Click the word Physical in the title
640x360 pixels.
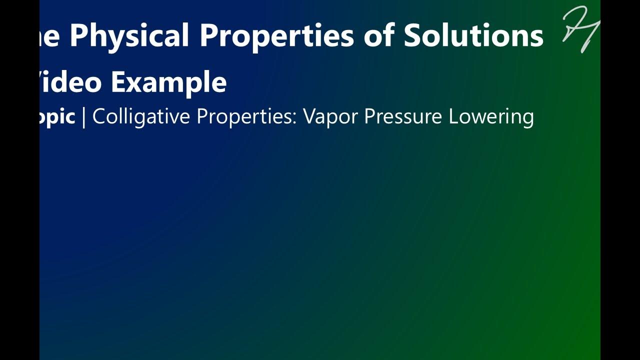[x=129, y=35]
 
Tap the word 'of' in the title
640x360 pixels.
[x=378, y=35]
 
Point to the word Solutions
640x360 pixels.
[x=473, y=35]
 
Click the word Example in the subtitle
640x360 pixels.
[x=168, y=82]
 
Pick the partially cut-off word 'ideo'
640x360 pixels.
[x=70, y=82]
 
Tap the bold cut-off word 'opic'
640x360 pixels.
[x=57, y=117]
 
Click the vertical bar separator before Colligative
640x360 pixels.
[x=83, y=116]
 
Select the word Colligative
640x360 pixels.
[x=141, y=116]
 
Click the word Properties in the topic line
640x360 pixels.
[x=246, y=116]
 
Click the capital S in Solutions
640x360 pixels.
[x=413, y=35]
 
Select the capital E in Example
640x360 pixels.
[x=117, y=82]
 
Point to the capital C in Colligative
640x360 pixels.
[x=99, y=116]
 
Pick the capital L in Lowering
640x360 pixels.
[x=452, y=116]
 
